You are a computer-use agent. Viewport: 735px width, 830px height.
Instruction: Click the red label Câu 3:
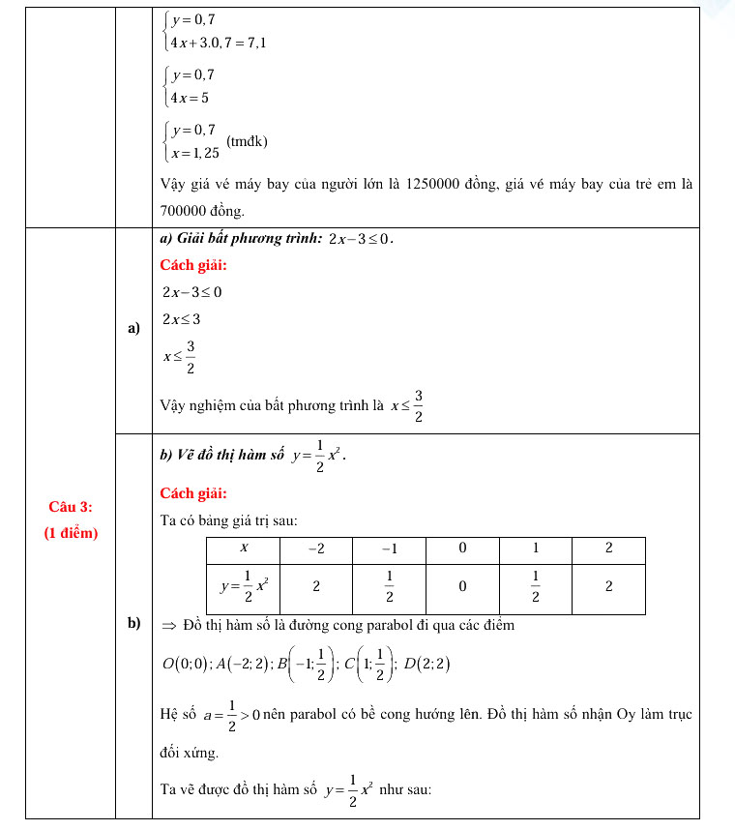(71, 507)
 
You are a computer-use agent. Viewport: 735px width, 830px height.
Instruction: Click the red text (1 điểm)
(71, 532)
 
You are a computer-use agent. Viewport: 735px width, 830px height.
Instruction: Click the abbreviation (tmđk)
(247, 141)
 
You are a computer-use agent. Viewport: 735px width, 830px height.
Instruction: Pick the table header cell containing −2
(315, 548)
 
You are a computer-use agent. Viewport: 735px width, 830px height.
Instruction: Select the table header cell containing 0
(462, 548)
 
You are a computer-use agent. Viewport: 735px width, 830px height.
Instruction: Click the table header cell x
(243, 548)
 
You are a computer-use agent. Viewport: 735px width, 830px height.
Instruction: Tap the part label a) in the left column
(133, 329)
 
